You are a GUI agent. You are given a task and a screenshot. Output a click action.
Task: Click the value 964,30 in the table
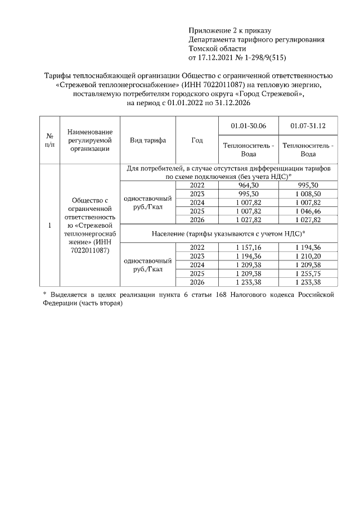[x=249, y=185]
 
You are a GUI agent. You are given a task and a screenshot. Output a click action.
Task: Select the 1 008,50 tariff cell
[x=308, y=193]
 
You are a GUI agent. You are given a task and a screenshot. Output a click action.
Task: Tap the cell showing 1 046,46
[x=308, y=211]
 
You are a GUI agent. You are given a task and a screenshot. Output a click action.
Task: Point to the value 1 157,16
[x=249, y=247]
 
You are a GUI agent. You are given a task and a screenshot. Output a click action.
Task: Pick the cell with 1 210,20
[x=308, y=256]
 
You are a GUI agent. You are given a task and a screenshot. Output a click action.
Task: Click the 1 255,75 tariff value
[x=308, y=273]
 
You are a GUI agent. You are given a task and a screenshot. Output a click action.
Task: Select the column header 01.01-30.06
[x=249, y=125]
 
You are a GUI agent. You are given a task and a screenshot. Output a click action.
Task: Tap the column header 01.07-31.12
[x=308, y=125]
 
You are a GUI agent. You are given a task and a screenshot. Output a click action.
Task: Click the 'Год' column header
[x=197, y=141]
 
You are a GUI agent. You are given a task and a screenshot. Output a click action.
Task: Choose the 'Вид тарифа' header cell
[x=148, y=141]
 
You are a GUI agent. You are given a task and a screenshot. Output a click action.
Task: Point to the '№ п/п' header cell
[x=49, y=141]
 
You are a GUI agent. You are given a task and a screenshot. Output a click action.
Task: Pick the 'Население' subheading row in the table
[x=228, y=233]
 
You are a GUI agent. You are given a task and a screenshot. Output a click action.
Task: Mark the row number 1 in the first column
[x=49, y=226]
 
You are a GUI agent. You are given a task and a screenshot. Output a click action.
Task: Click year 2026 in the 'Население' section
[x=197, y=282]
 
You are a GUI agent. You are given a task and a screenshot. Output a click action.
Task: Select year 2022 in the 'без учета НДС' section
[x=197, y=185]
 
